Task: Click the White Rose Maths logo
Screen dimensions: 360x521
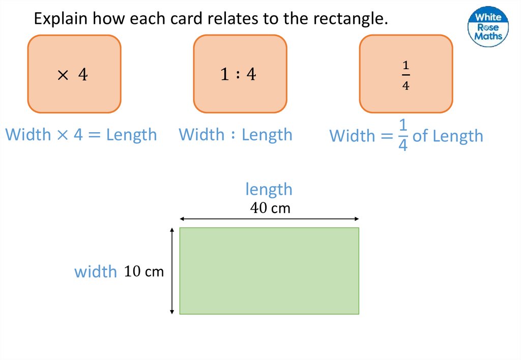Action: pos(487,26)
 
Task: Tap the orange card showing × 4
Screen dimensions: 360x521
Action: pos(74,74)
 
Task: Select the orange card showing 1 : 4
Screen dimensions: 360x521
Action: pos(240,74)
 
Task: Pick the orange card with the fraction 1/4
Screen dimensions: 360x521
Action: pos(406,74)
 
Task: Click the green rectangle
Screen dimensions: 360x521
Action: pos(269,271)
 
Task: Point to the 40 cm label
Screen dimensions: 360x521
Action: pos(270,208)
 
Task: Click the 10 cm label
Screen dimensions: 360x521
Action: pos(144,272)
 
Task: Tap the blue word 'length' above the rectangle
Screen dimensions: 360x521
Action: pos(269,189)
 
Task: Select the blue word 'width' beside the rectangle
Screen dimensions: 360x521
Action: pos(96,272)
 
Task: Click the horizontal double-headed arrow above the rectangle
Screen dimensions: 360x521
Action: pos(269,219)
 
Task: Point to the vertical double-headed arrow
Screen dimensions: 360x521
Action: pos(172,271)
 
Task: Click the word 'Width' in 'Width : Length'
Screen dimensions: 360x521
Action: pos(201,135)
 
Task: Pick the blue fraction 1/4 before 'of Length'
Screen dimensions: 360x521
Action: pos(402,136)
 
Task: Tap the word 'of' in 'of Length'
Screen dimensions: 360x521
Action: pos(420,136)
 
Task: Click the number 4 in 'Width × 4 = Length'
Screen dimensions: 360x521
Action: pos(78,135)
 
